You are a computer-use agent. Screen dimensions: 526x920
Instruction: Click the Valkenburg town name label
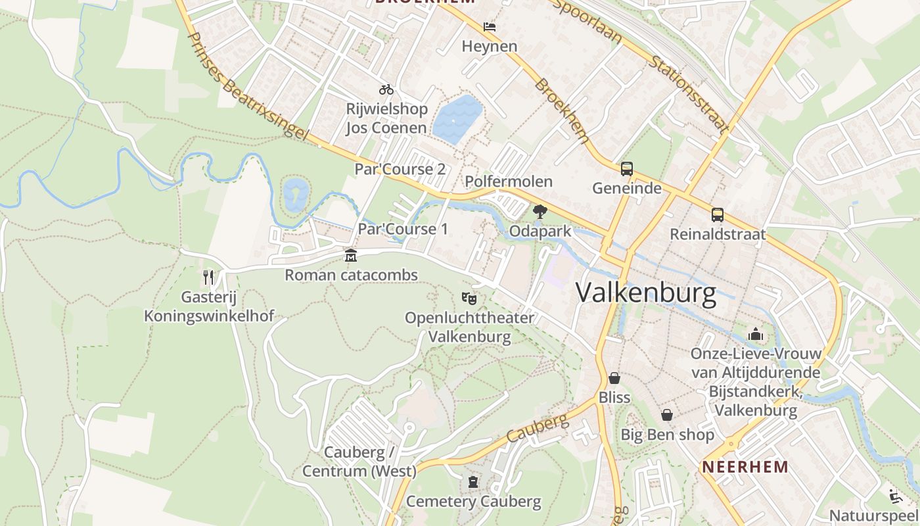point(646,293)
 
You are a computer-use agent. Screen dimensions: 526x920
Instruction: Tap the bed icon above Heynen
point(489,27)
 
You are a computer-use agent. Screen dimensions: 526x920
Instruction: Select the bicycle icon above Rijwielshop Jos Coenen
point(386,89)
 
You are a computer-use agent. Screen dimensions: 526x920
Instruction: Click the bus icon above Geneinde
point(626,169)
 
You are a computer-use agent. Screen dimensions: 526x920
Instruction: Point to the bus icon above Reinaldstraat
point(717,215)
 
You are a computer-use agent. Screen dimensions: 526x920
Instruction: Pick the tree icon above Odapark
point(540,212)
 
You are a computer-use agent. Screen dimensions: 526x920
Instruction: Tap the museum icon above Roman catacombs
point(351,255)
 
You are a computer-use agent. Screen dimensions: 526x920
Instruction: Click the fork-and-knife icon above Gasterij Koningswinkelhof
point(209,277)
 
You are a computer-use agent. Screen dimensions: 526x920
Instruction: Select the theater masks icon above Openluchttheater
point(469,299)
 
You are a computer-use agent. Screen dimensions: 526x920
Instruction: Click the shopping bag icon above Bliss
point(614,378)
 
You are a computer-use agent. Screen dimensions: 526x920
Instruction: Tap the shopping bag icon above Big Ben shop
point(667,415)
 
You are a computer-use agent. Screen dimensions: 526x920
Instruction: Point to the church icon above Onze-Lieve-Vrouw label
point(756,334)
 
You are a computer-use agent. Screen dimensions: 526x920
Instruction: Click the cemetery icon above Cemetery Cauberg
point(473,482)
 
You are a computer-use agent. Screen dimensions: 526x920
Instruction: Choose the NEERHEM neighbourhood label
point(745,467)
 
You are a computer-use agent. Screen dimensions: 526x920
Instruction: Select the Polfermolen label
point(509,181)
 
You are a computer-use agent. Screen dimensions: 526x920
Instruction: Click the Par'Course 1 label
point(402,229)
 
